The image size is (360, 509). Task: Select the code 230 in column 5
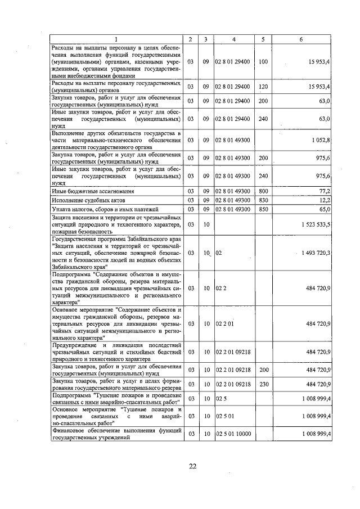(x=263, y=384)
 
